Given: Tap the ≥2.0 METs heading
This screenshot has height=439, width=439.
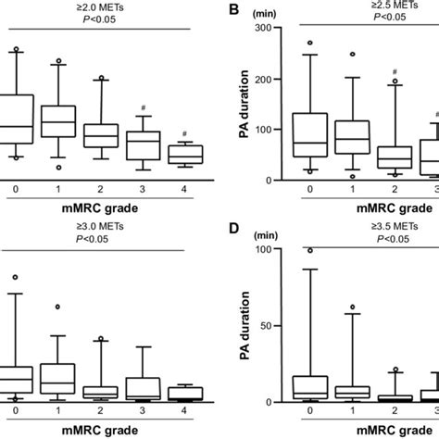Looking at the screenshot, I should coord(100,6).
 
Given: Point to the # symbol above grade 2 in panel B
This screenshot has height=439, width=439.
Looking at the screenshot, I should coord(395,71).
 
